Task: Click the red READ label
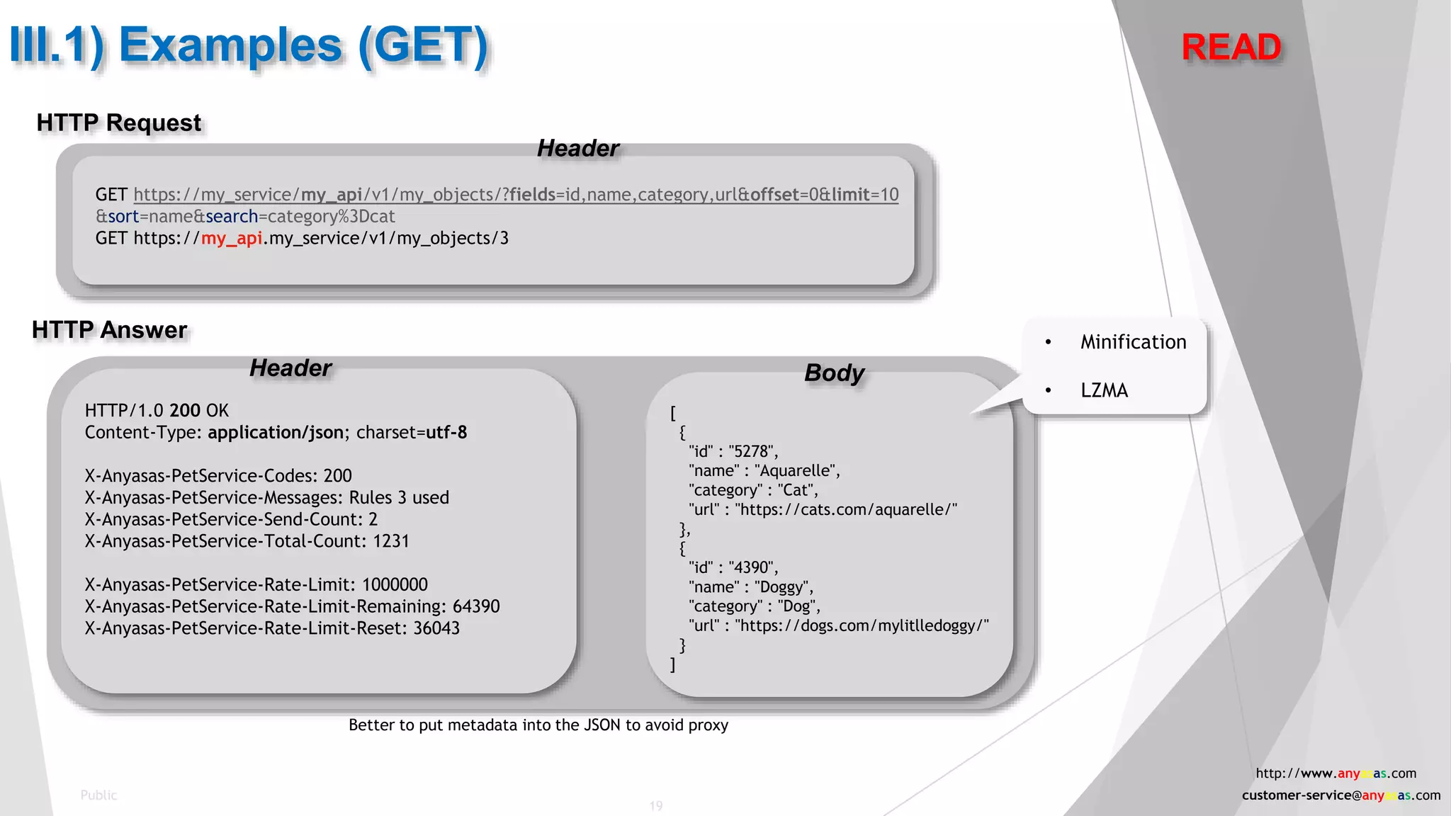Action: (1231, 47)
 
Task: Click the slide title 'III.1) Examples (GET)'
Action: (249, 46)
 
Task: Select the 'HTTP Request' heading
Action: (119, 123)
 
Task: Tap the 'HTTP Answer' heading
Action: (110, 330)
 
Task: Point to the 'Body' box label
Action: (834, 373)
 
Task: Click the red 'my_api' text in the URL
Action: (232, 238)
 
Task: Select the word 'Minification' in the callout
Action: (1133, 342)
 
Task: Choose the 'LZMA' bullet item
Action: (1104, 390)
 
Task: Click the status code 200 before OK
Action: (185, 411)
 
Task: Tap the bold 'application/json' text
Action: (276, 433)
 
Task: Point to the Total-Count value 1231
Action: (391, 541)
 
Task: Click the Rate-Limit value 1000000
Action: (395, 585)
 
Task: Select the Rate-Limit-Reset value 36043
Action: (436, 628)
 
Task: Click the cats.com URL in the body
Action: (846, 510)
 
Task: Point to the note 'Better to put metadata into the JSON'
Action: (538, 725)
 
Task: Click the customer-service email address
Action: (1340, 795)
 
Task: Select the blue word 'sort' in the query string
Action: (123, 217)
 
